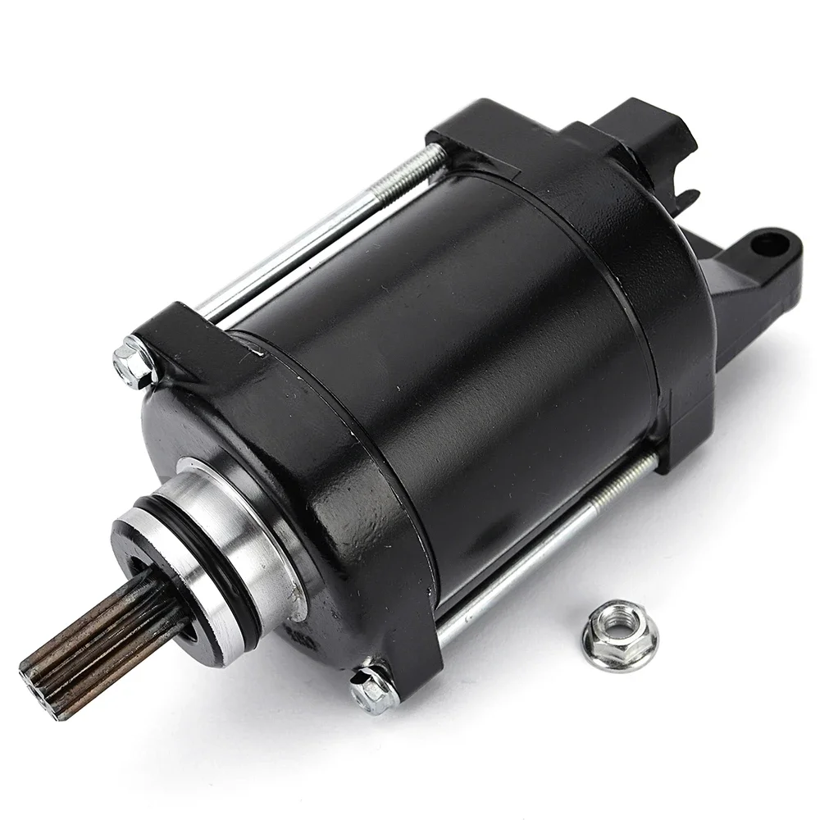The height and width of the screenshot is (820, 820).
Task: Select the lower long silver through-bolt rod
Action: click(525, 558)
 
